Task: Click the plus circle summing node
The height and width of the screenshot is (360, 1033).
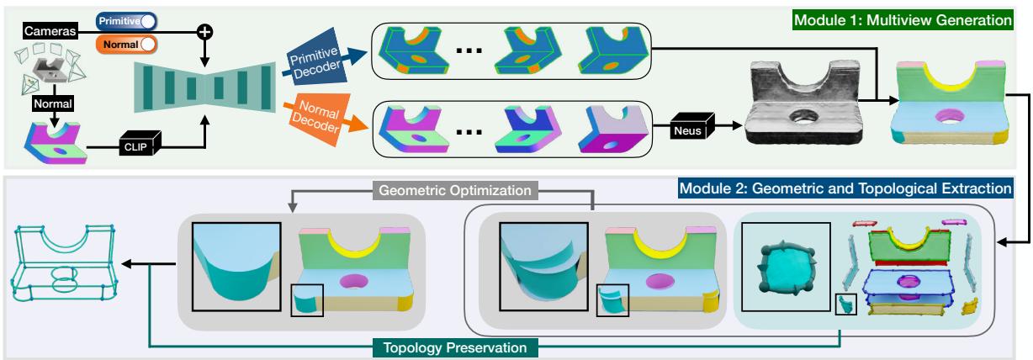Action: coord(204,32)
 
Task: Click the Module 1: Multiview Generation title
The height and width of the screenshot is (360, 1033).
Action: coord(932,18)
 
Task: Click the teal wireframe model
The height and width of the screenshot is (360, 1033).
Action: coord(67,268)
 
